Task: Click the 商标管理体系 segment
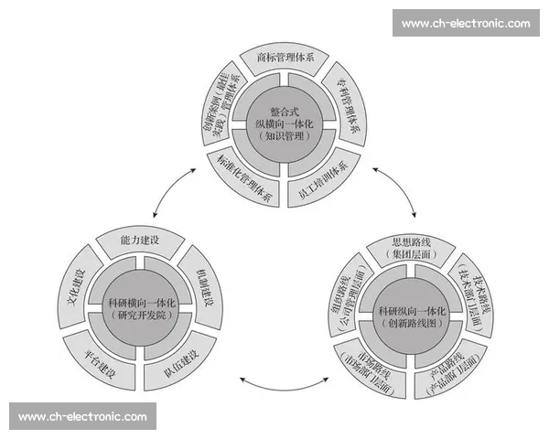tap(285, 59)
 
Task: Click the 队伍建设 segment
tap(178, 357)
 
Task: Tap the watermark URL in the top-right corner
tap(465, 23)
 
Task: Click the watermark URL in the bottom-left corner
tap(82, 417)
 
